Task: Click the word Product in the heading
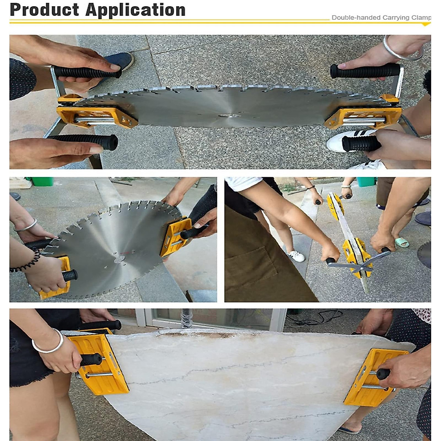(44, 10)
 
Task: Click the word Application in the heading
(136, 10)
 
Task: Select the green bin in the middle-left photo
(42, 182)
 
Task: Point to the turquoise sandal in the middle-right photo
(402, 242)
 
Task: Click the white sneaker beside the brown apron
(296, 256)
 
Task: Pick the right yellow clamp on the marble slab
(375, 377)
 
